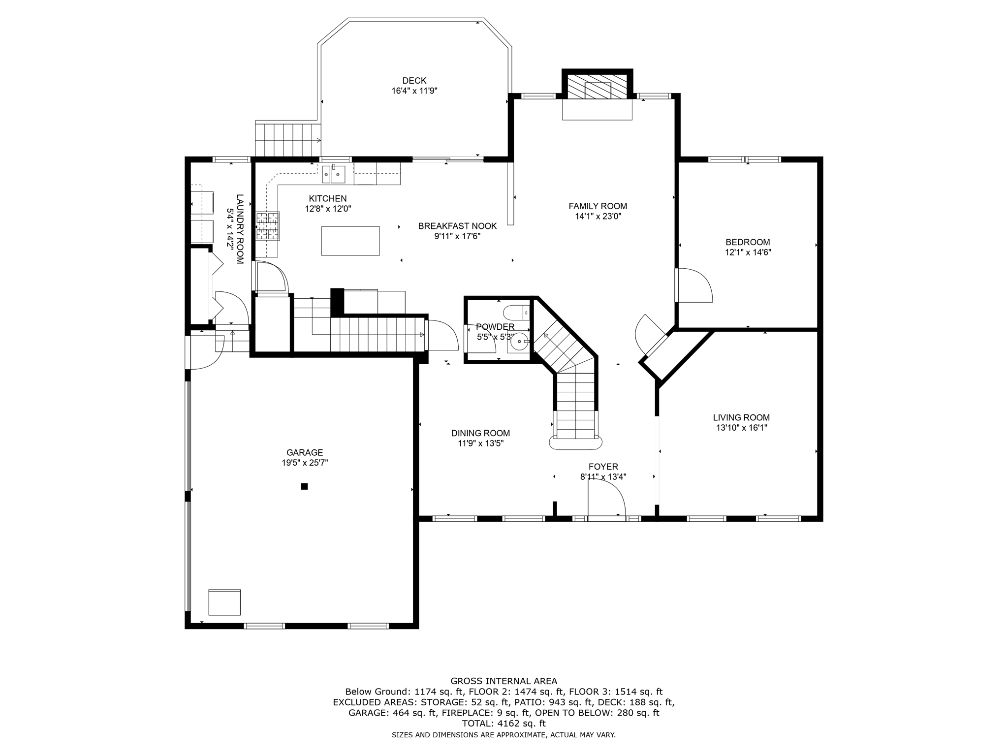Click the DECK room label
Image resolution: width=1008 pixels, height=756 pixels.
[414, 81]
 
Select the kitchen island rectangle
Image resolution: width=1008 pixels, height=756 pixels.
[350, 241]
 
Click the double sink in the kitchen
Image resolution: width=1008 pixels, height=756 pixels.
[333, 174]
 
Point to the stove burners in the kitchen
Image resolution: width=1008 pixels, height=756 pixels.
[267, 226]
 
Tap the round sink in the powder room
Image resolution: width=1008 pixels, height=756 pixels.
[519, 341]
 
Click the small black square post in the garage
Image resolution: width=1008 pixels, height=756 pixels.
[304, 486]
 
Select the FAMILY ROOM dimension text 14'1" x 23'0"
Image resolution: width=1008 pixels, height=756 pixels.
[598, 217]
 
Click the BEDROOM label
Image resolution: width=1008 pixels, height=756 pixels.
[747, 242]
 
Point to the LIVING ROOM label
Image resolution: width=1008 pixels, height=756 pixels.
[741, 418]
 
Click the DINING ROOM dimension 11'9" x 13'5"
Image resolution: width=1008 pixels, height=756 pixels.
[480, 443]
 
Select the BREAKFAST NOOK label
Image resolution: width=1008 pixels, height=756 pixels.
[457, 226]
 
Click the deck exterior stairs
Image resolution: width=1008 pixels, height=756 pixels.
[287, 140]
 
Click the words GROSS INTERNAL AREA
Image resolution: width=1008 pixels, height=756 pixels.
[504, 681]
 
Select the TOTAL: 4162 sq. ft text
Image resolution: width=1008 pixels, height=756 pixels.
[504, 724]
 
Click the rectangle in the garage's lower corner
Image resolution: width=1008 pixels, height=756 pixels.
[224, 602]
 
